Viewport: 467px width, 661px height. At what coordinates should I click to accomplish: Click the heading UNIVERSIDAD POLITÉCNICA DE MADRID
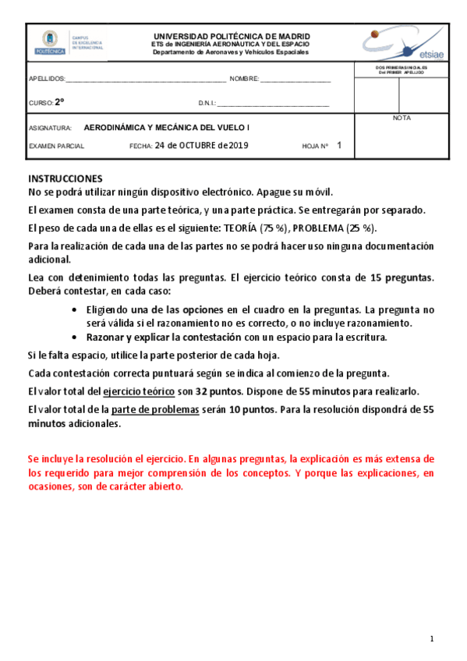[x=232, y=36]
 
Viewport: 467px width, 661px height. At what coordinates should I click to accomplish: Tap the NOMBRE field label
[x=243, y=80]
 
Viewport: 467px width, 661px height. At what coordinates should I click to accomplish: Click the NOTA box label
[x=402, y=118]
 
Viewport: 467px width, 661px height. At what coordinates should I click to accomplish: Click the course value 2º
[x=60, y=102]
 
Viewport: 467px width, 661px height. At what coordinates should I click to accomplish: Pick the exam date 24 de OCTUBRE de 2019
[x=201, y=145]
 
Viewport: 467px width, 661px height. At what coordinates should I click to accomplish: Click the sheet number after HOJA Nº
[x=339, y=145]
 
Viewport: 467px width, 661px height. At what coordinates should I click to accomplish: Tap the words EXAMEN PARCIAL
[x=56, y=146]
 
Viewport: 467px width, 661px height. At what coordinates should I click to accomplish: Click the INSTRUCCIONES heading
[x=65, y=179]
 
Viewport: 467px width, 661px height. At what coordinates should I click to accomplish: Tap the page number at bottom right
[x=431, y=639]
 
